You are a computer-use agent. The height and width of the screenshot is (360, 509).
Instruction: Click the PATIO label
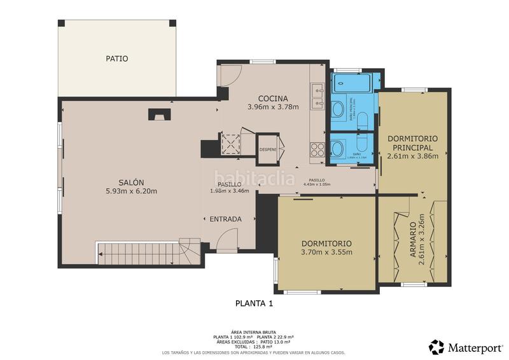coord(116,59)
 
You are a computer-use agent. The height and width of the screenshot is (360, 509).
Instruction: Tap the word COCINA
coord(273,99)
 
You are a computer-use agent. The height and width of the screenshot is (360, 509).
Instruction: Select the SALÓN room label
coord(131,182)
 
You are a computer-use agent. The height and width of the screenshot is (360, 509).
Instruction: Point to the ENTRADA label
coord(225,219)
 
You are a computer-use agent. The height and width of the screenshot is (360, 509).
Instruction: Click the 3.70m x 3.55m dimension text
coord(326,252)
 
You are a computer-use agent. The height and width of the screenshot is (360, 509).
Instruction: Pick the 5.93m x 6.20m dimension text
coord(131,191)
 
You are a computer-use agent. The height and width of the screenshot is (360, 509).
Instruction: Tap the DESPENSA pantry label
coord(267,149)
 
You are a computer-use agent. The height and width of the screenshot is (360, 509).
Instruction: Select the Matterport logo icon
coord(436,347)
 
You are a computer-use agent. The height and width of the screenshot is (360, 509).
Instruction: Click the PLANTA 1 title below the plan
coord(254,303)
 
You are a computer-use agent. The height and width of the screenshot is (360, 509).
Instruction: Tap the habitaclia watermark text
coord(254,178)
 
